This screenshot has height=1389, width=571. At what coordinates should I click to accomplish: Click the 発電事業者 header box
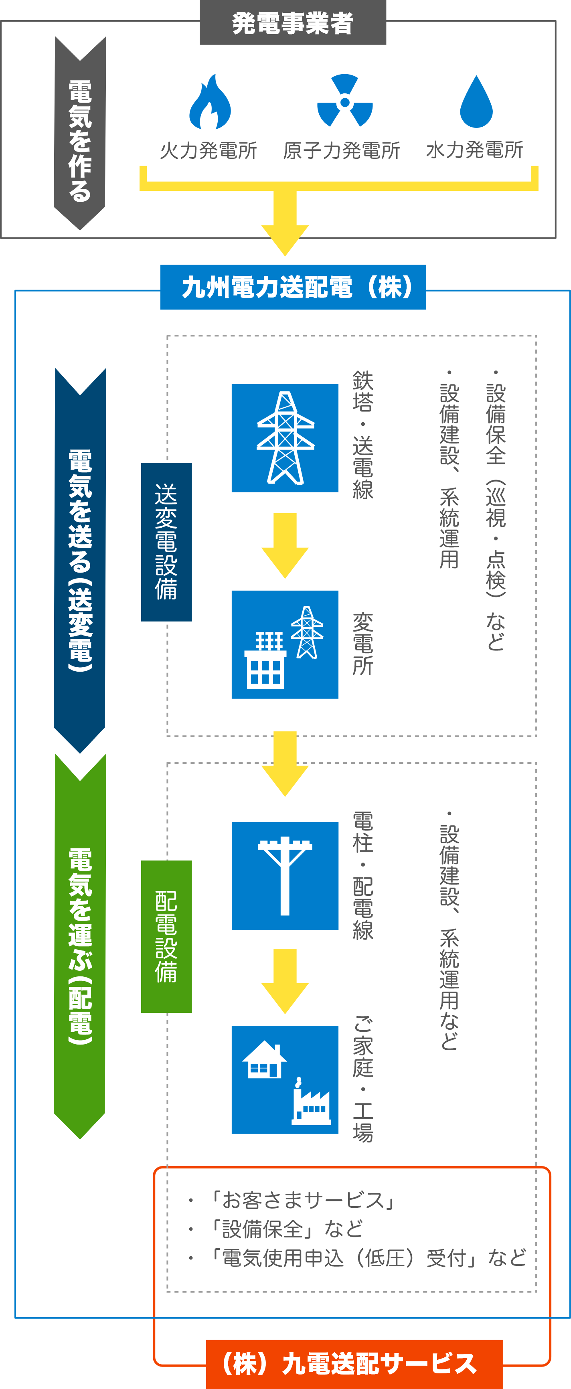pos(293,22)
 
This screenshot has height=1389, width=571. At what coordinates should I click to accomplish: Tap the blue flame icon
pos(210,102)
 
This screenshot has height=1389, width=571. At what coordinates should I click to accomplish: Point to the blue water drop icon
pos(476,102)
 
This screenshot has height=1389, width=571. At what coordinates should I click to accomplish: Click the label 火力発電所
pos(209,150)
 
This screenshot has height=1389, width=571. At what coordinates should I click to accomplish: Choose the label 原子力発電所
pos(341,150)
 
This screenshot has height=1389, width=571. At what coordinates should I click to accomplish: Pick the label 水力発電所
pos(474,150)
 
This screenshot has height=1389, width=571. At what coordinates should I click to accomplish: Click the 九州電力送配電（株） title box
pos(293,287)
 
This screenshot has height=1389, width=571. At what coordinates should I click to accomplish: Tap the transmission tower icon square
pos(285,438)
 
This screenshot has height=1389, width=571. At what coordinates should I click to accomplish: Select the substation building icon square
pos(285,644)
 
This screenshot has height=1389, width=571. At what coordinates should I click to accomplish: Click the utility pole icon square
pos(285,876)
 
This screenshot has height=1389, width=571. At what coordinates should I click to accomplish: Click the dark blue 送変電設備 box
pos(166,542)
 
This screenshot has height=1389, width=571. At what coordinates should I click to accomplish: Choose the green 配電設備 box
pos(166,937)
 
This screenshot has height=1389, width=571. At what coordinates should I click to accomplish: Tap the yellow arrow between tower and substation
pos(285,545)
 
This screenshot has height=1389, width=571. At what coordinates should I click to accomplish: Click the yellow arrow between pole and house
pos(285,981)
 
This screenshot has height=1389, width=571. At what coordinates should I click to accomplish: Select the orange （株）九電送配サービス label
pos(354,1364)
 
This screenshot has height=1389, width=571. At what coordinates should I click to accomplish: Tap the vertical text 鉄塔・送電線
pos(363,435)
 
